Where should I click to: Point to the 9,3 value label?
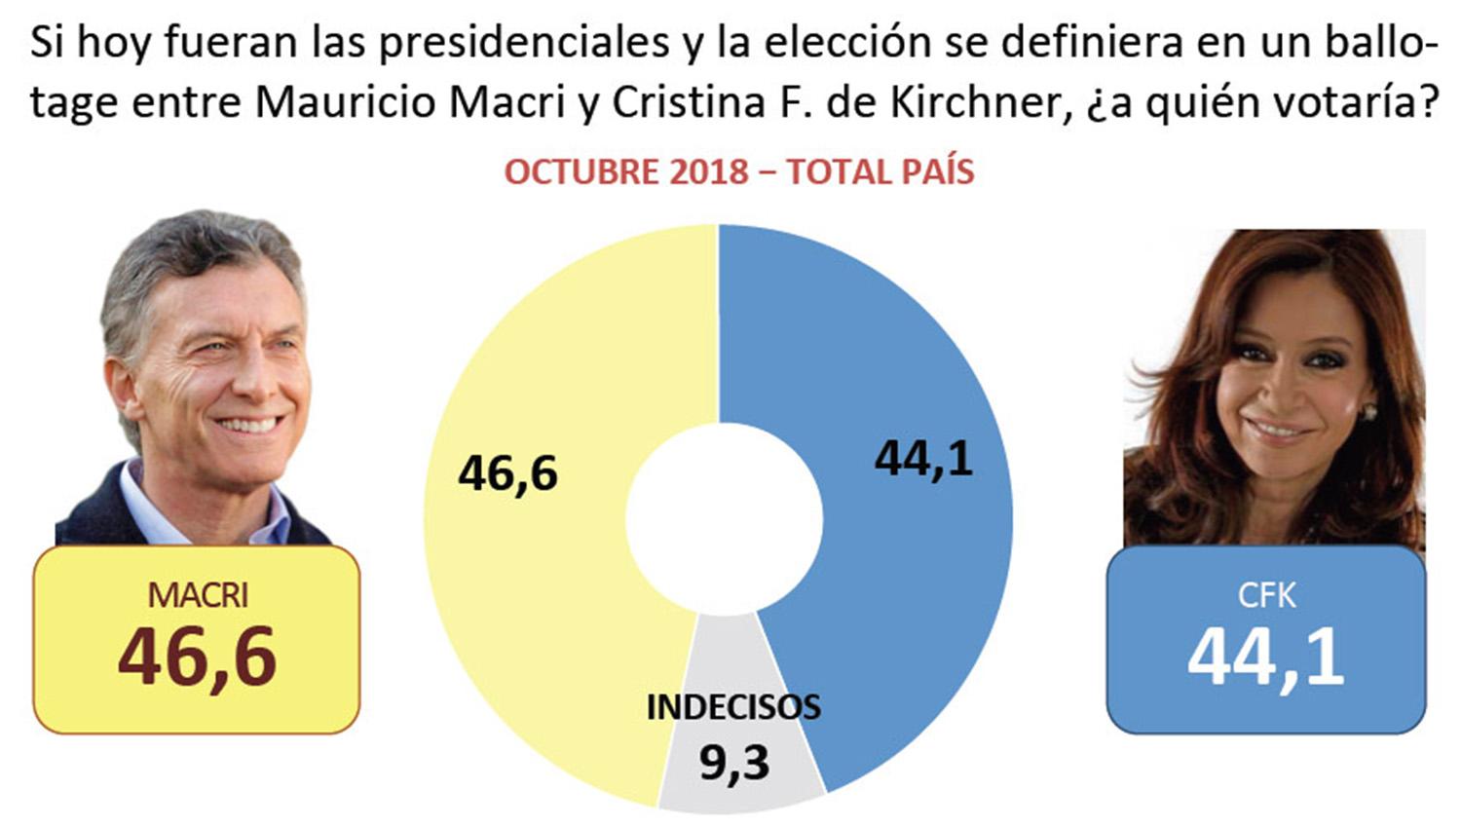coord(734,763)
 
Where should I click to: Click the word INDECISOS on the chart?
coord(733,707)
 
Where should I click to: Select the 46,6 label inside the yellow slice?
coord(507,474)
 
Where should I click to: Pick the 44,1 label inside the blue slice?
coord(923,459)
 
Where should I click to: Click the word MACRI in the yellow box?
coord(198,594)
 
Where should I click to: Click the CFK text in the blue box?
coord(1266,595)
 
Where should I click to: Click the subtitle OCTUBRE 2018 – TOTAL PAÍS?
coord(738,172)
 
